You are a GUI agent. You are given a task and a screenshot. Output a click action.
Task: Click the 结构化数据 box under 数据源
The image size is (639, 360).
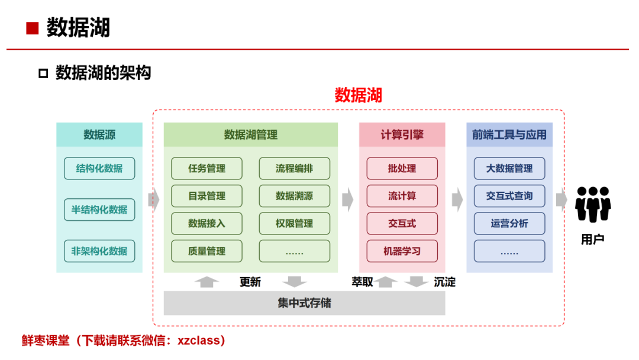[99, 168]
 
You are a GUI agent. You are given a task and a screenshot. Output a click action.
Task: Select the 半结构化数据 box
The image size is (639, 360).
[99, 210]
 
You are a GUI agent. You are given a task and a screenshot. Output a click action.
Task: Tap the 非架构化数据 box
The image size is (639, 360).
[99, 251]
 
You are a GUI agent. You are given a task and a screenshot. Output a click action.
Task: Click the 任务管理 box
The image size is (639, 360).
[206, 168]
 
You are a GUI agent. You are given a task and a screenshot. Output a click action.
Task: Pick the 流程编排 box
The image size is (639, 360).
[294, 168]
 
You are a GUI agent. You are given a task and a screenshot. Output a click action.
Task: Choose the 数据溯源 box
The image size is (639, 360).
[294, 196]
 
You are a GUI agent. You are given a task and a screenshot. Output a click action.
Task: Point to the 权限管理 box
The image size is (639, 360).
[294, 224]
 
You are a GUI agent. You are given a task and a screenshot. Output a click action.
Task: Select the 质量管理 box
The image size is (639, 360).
[206, 251]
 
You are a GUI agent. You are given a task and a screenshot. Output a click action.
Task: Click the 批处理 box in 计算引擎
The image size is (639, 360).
[402, 168]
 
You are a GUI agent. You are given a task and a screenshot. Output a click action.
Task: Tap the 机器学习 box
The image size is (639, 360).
[402, 251]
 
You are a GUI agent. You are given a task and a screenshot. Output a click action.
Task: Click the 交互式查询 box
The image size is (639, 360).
[509, 196]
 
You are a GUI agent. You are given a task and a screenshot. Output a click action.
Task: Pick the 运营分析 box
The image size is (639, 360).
[509, 224]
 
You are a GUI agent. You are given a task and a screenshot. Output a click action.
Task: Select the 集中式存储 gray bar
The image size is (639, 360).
[304, 303]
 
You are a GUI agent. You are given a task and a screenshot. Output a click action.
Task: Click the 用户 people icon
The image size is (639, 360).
[593, 204]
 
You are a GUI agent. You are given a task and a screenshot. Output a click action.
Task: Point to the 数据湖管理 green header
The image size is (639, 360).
[250, 135]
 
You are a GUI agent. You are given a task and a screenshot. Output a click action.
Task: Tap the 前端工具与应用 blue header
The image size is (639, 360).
[509, 135]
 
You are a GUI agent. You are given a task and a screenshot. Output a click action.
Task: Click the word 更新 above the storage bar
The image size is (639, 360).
[250, 282]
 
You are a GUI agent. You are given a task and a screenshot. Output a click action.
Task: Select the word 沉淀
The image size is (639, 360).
[444, 282]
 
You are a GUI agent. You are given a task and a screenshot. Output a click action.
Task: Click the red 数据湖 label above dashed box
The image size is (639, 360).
[359, 95]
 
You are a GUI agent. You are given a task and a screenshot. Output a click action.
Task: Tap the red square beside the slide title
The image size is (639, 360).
[33, 28]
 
